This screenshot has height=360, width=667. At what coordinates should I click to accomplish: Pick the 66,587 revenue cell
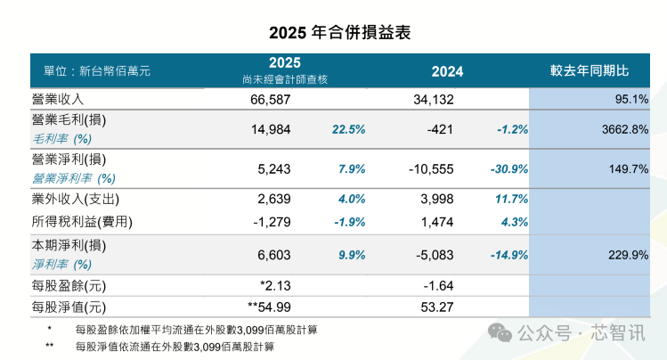click(271, 99)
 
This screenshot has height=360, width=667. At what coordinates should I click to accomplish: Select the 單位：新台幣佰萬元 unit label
click(91, 70)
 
